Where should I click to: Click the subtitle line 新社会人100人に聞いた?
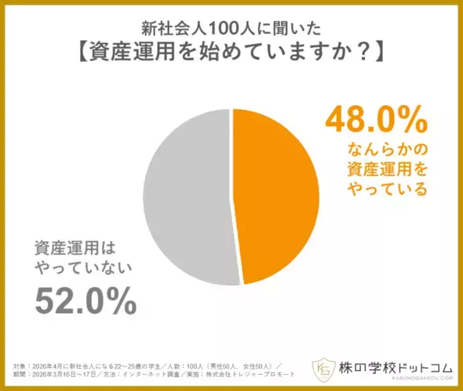click(x=231, y=30)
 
